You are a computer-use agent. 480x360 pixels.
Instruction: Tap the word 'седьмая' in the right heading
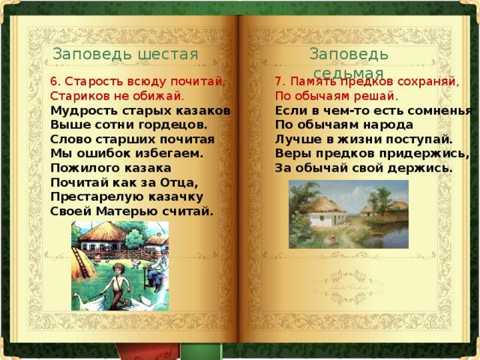(x=348, y=73)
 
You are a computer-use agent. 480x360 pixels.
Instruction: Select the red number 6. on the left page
(x=55, y=82)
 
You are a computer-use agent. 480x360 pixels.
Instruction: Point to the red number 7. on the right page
(x=280, y=82)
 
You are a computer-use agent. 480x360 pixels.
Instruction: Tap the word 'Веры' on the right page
(x=291, y=154)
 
